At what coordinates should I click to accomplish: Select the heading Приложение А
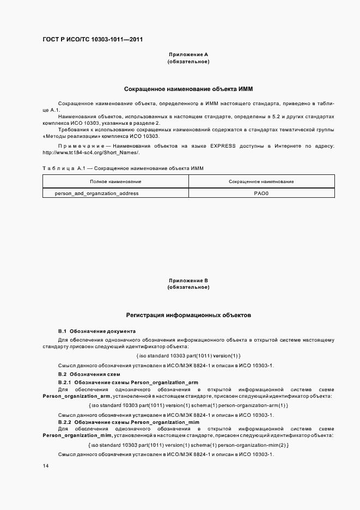(188, 54)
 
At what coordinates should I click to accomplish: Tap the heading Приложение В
(188, 281)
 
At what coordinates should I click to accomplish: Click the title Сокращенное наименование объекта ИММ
(188, 88)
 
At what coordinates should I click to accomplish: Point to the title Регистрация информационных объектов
(188, 315)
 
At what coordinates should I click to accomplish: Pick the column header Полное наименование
(115, 181)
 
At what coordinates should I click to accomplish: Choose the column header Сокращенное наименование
(261, 181)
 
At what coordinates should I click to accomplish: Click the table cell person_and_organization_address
(97, 193)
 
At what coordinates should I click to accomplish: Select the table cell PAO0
(261, 193)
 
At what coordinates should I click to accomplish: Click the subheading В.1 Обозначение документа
(97, 331)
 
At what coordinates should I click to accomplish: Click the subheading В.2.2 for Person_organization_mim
(129, 423)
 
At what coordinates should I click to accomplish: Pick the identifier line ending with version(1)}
(188, 356)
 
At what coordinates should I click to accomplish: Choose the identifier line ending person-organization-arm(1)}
(188, 405)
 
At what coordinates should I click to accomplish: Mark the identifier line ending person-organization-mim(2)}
(188, 445)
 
